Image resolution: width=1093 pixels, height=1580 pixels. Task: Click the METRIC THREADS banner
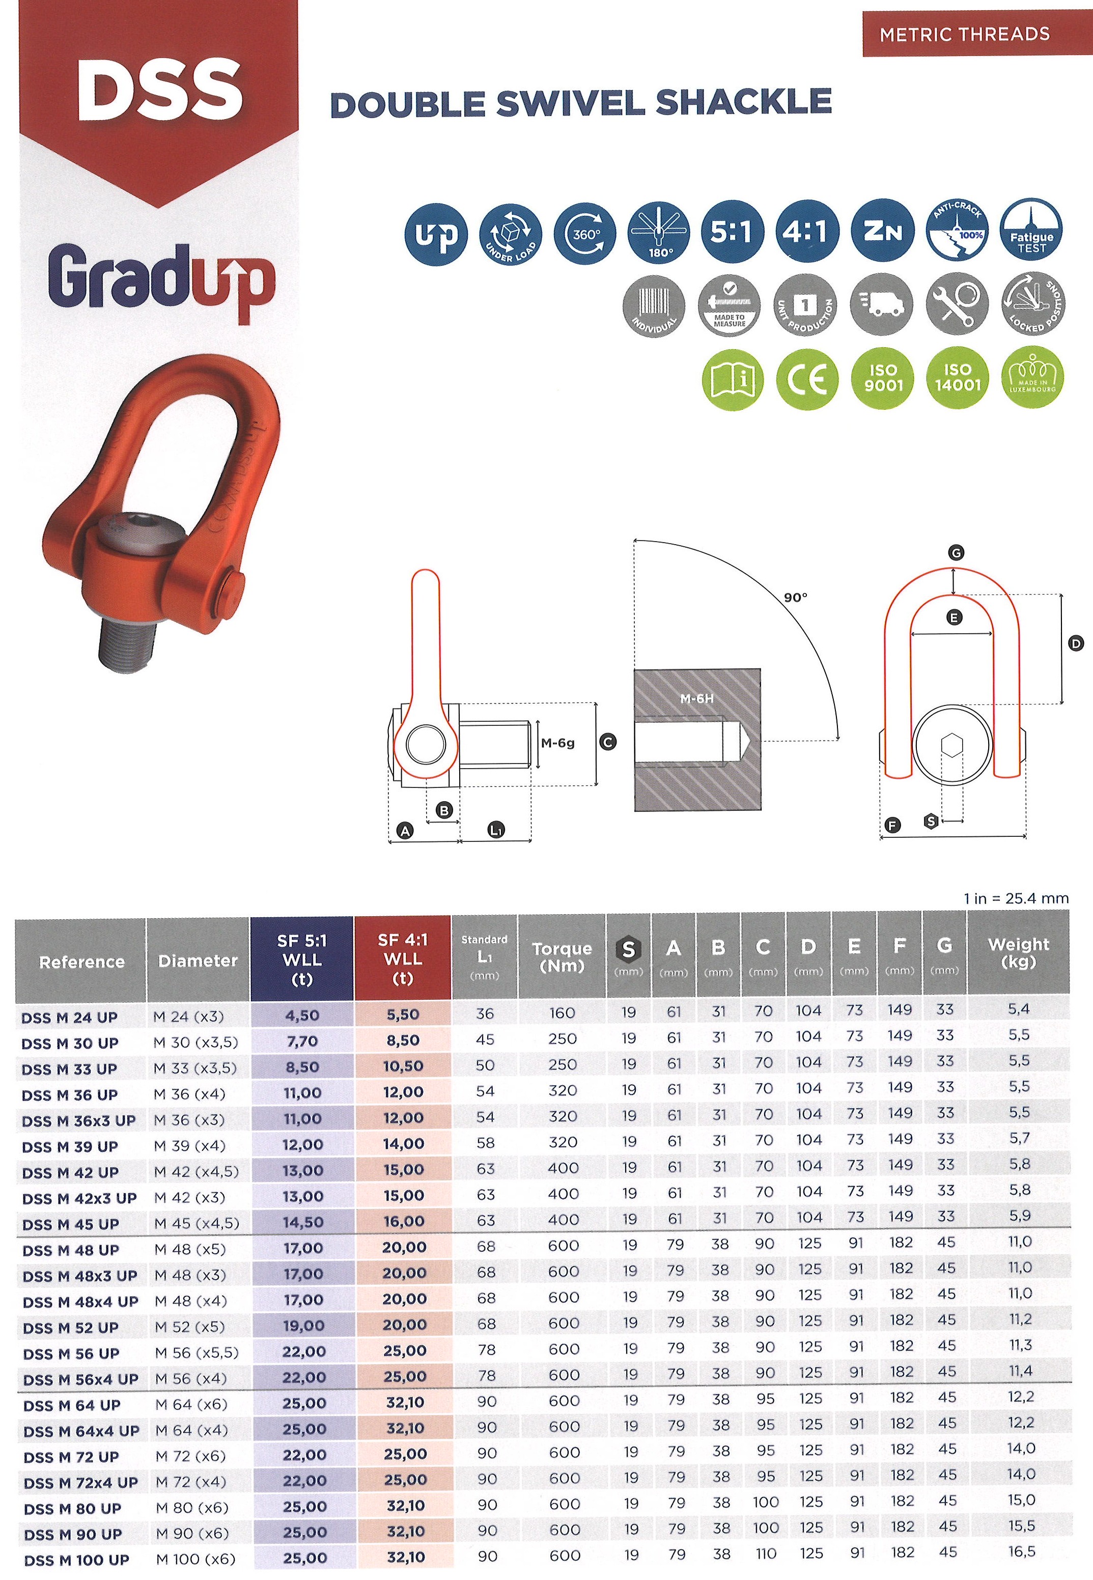pyautogui.click(x=964, y=34)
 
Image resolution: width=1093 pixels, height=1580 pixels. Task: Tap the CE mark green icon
pyautogui.click(x=807, y=379)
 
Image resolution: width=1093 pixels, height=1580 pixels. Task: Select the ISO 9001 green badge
pyautogui.click(x=883, y=379)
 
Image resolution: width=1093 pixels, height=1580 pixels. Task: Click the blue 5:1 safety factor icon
pyautogui.click(x=732, y=233)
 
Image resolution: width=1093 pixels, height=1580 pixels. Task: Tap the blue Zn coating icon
pyautogui.click(x=883, y=233)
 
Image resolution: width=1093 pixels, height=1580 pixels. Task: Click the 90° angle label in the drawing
pyautogui.click(x=795, y=598)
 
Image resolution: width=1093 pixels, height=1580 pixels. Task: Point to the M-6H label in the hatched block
pyautogui.click(x=696, y=699)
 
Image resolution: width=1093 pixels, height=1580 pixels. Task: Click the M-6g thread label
pyautogui.click(x=557, y=743)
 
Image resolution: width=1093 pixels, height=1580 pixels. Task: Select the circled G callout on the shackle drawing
pyautogui.click(x=956, y=553)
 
